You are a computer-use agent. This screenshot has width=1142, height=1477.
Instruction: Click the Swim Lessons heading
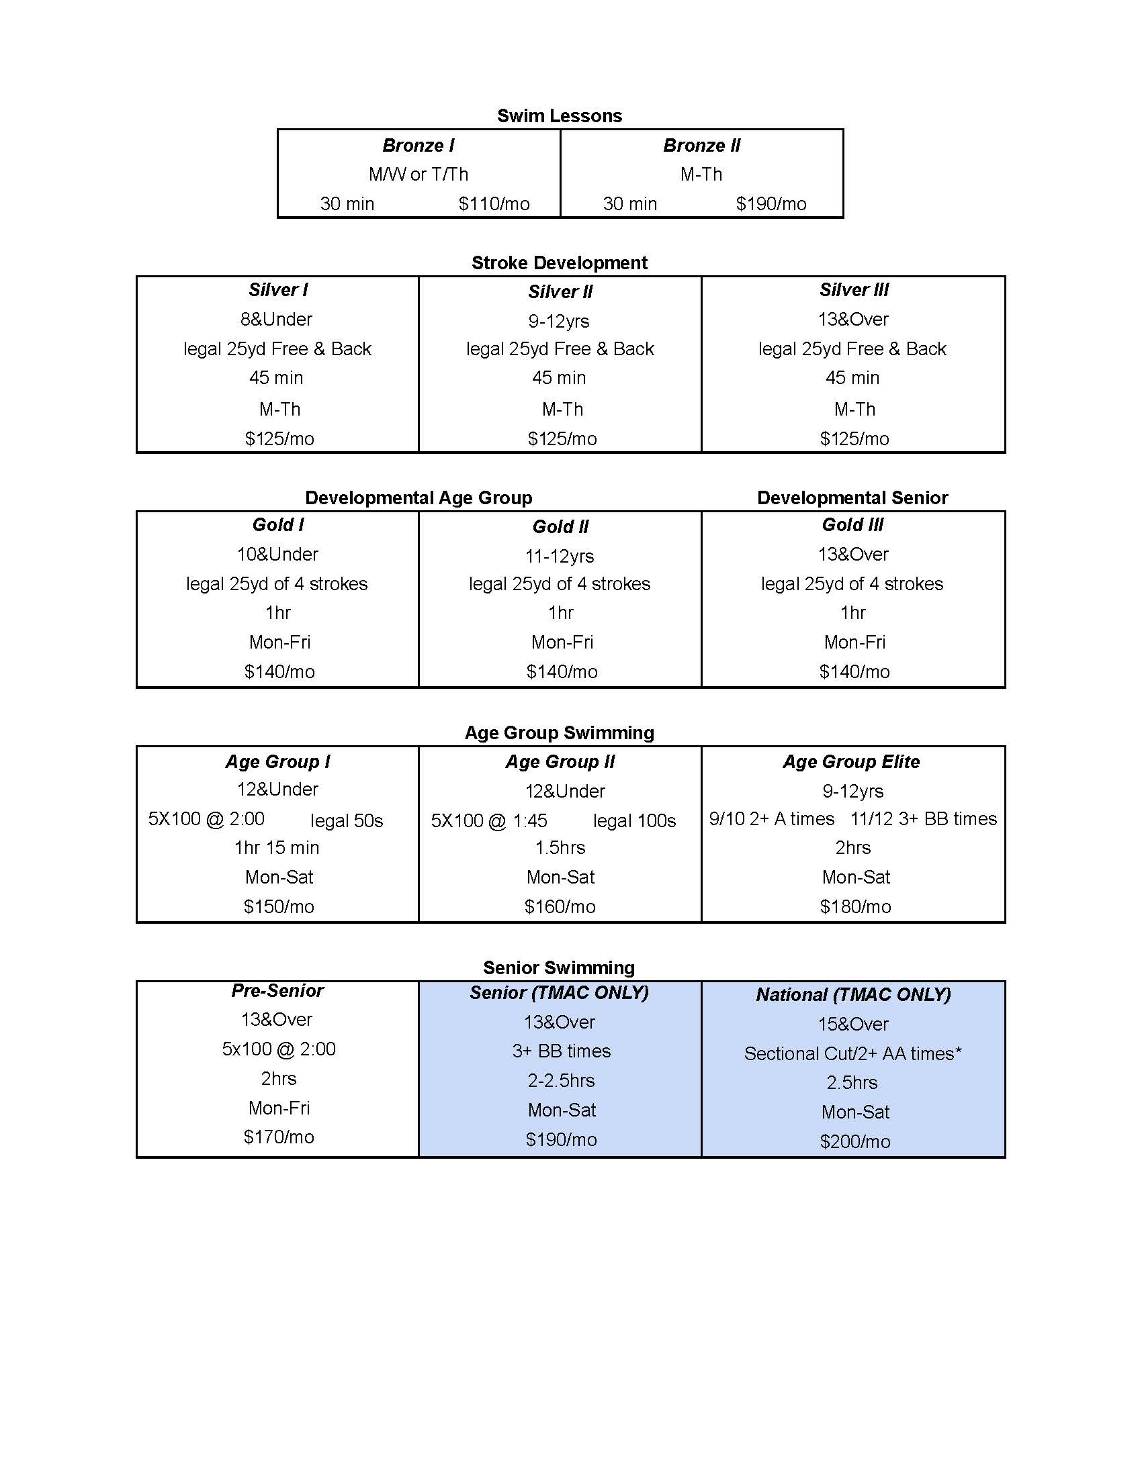(560, 115)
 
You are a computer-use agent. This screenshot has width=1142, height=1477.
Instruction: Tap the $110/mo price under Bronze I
(494, 203)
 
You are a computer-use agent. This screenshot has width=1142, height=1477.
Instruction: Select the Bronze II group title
(701, 146)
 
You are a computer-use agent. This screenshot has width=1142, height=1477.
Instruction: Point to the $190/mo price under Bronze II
(771, 203)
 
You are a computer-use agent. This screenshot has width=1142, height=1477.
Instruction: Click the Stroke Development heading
(560, 263)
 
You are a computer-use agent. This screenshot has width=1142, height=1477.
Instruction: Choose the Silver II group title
(560, 291)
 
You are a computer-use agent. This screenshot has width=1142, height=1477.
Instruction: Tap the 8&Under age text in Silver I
(277, 319)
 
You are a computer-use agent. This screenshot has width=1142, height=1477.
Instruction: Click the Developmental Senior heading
(852, 497)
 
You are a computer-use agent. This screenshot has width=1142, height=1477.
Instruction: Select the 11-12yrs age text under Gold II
(560, 556)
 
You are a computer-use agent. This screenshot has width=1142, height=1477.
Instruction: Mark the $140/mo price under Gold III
(854, 671)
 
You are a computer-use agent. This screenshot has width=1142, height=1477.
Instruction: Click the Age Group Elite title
(851, 762)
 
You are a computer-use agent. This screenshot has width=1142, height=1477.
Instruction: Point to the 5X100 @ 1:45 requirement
(489, 820)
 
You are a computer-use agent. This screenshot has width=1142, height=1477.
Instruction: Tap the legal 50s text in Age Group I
(347, 820)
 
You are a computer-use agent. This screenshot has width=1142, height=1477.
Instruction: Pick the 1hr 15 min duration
(277, 847)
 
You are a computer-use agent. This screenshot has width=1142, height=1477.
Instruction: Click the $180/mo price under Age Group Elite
(855, 906)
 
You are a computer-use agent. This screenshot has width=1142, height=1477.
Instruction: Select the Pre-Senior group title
(277, 991)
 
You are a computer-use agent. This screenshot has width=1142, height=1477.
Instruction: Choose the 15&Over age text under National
(853, 1024)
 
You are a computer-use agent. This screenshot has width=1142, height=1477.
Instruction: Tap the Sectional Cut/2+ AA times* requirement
(853, 1053)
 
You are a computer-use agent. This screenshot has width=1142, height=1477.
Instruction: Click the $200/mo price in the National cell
(855, 1141)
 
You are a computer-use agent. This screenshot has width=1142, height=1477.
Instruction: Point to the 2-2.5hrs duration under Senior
(562, 1081)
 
